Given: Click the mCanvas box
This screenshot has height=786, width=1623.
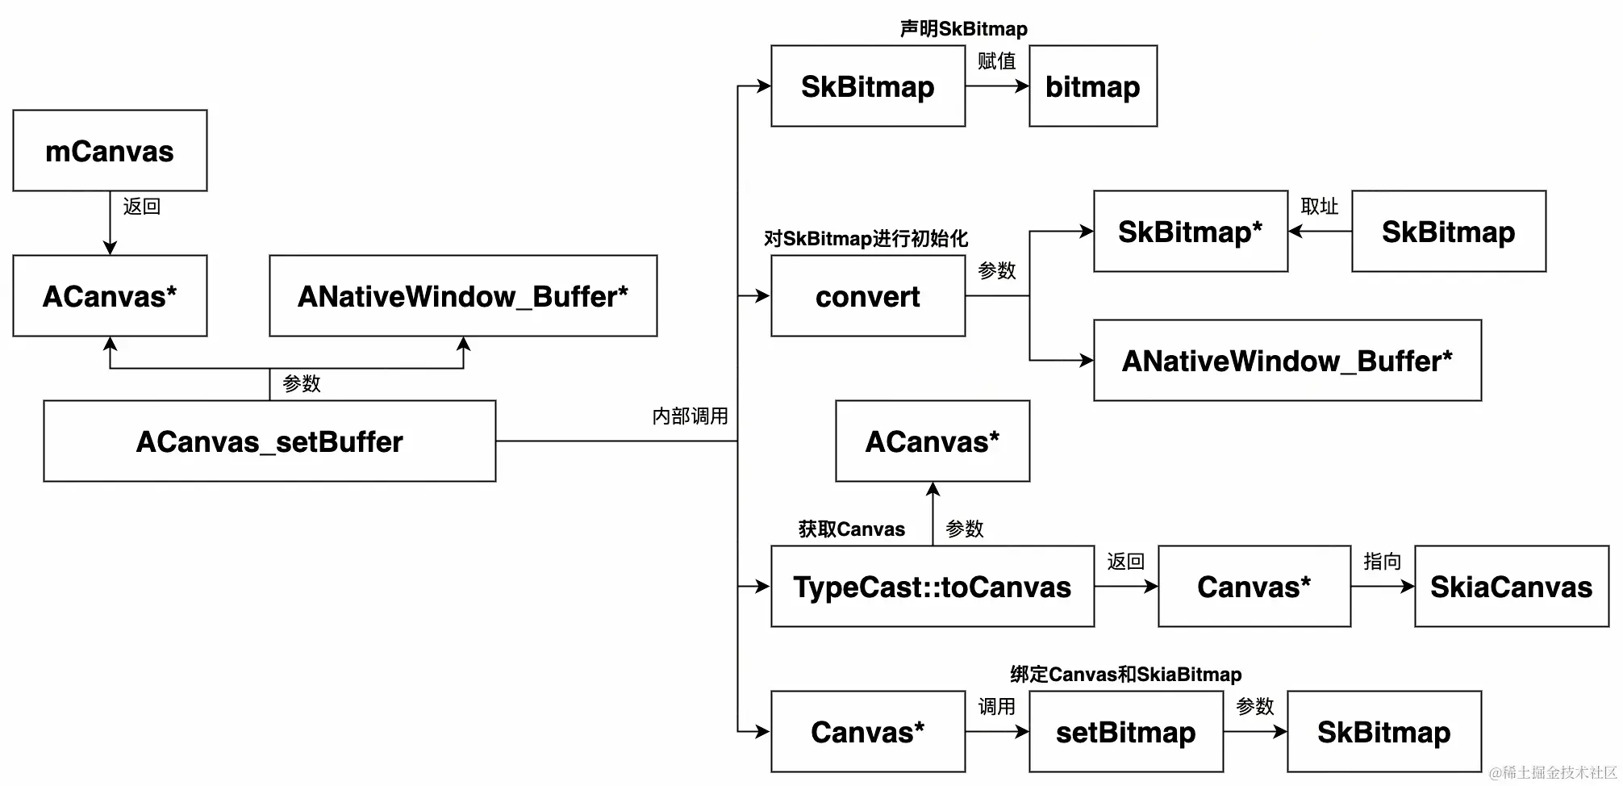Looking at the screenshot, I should click(110, 151).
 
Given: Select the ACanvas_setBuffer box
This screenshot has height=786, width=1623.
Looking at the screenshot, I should click(269, 441).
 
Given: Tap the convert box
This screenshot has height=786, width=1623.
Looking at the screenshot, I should click(867, 296).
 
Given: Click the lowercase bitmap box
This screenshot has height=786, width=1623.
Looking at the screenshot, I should click(1092, 86).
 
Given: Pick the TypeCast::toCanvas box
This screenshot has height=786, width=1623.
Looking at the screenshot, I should click(932, 587).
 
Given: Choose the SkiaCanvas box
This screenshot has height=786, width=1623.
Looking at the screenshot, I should click(1511, 587).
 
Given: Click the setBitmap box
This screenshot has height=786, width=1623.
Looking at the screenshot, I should click(1125, 732).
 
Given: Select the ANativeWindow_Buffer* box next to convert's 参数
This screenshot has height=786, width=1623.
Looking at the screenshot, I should click(1287, 361).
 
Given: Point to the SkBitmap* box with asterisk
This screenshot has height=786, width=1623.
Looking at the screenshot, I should click(1190, 232).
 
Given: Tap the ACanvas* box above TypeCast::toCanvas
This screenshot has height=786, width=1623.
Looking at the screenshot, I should click(932, 441).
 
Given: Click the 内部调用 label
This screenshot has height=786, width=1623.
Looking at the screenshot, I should click(690, 416).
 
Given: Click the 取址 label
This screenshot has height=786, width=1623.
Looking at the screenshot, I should click(1319, 207).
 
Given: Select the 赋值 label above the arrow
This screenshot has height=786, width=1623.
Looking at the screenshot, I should click(996, 61).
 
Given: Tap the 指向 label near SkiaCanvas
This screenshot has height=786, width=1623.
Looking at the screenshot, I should click(1382, 562).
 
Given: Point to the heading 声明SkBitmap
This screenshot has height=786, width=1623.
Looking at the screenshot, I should click(963, 29).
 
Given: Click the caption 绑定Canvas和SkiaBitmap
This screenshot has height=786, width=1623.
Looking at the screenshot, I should click(1125, 675).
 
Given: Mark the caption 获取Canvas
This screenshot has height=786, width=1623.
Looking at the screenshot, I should click(851, 529).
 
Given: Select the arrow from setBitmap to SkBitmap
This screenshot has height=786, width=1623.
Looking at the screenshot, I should click(1254, 732).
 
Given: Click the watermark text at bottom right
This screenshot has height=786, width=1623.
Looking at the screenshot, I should click(1553, 773).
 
